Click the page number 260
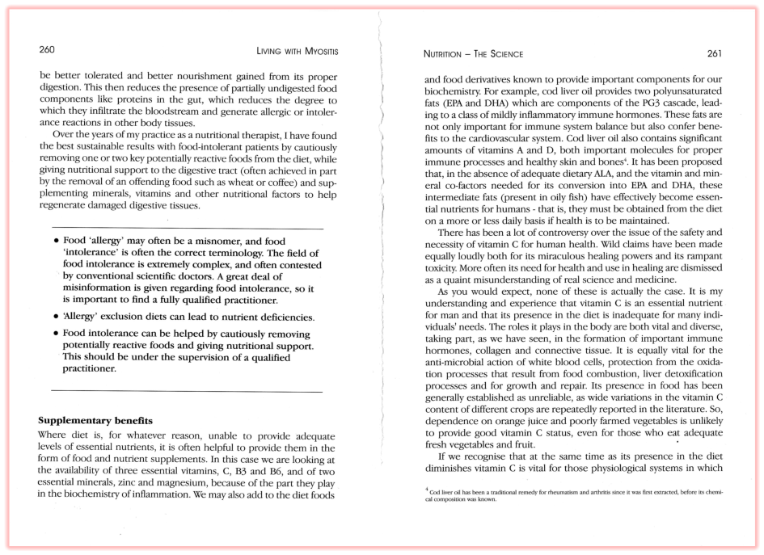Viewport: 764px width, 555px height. pos(47,50)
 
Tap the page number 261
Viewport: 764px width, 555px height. pos(714,54)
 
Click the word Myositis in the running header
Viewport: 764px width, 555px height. pos(316,51)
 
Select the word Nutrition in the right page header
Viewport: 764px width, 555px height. pos(447,55)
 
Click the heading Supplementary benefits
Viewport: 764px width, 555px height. pos(95,421)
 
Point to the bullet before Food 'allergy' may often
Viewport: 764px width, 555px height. pos(55,242)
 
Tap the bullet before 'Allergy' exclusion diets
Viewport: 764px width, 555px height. pos(55,316)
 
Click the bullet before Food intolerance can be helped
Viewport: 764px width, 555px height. pos(55,333)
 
